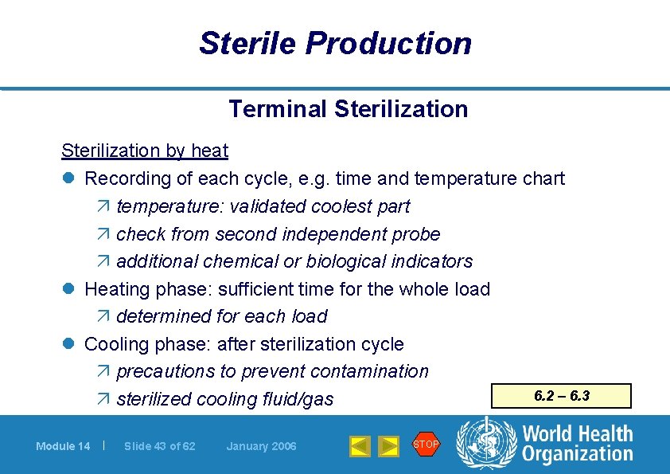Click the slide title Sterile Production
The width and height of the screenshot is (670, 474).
[335, 43]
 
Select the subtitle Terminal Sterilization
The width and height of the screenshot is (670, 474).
[348, 108]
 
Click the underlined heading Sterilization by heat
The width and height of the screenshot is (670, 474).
[145, 151]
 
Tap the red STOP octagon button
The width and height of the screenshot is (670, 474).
[426, 444]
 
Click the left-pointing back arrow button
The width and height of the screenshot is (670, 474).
[360, 446]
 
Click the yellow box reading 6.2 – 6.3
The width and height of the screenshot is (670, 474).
[562, 396]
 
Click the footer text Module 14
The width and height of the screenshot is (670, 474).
[63, 446]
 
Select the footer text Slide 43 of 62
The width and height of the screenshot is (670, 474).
[159, 446]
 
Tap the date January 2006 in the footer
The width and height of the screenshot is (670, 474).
[261, 446]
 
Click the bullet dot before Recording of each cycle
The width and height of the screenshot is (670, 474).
[68, 179]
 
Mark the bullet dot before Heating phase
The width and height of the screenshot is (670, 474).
[68, 289]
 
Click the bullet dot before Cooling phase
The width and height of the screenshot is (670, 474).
[68, 345]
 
